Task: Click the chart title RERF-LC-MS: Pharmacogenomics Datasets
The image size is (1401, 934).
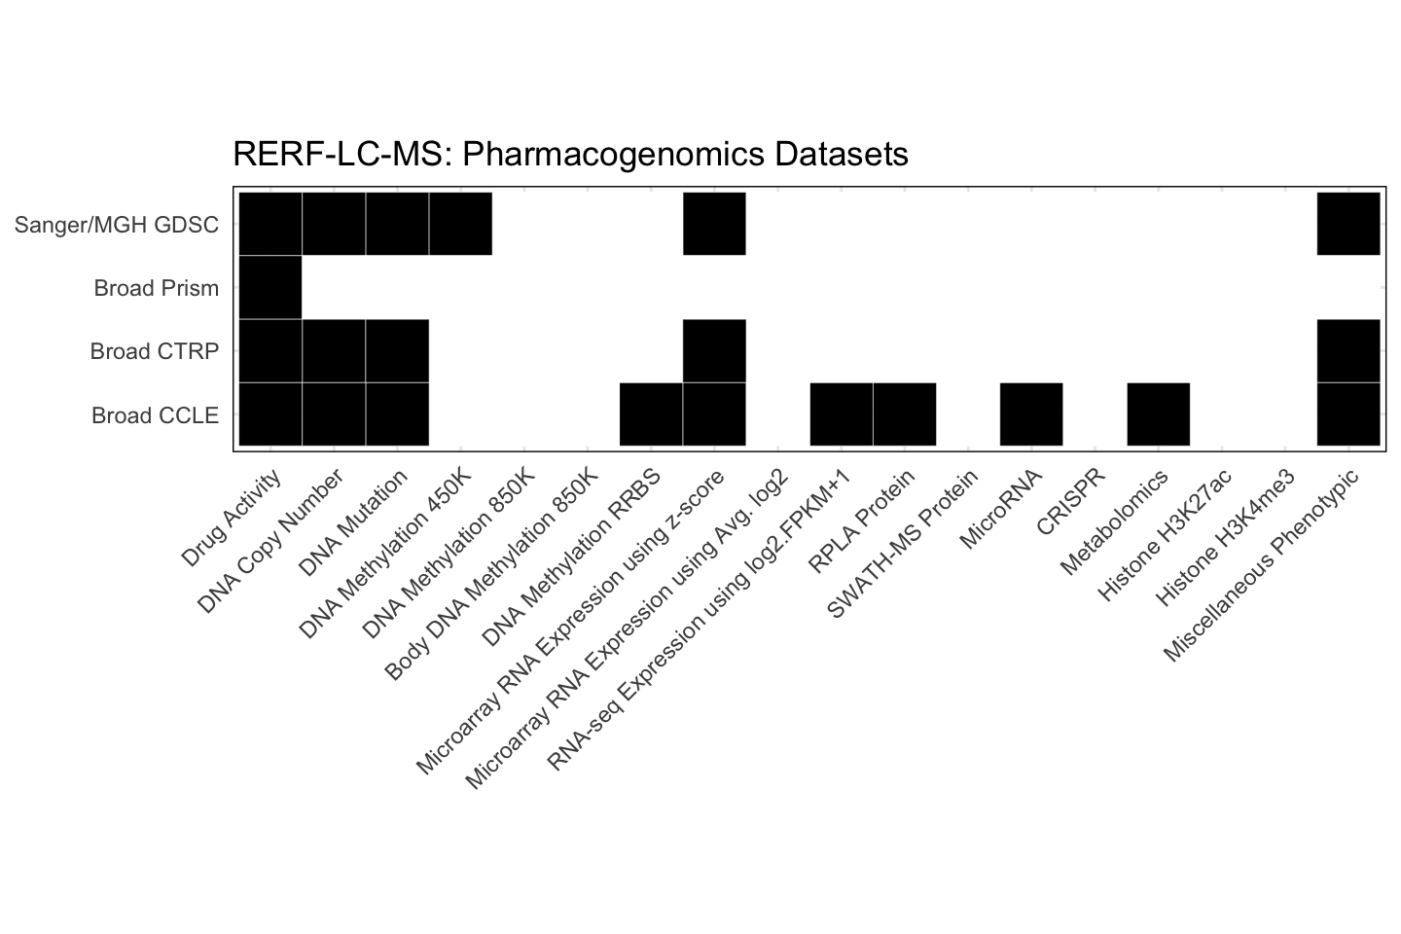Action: [x=570, y=154]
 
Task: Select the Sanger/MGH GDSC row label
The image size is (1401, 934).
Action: [x=117, y=225]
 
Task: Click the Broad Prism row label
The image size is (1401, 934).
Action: [x=156, y=288]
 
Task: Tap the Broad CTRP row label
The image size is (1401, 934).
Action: [x=154, y=351]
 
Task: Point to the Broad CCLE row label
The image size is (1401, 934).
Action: [x=155, y=415]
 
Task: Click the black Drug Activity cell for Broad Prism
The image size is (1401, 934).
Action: [x=270, y=288]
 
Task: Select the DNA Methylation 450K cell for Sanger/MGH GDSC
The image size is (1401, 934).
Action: [x=460, y=224]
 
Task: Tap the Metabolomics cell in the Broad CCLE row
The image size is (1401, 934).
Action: [x=1158, y=414]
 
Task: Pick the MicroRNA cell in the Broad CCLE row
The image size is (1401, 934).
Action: [x=1031, y=414]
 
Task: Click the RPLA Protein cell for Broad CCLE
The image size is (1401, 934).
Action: [x=905, y=414]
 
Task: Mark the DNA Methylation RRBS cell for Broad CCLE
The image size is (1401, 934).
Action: [x=651, y=414]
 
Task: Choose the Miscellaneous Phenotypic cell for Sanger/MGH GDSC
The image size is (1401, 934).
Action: [x=1348, y=224]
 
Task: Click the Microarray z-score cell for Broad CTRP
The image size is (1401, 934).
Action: [x=714, y=351]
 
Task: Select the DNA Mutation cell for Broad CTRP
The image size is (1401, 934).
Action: [x=397, y=351]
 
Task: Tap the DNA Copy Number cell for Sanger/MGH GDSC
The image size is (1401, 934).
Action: [x=334, y=224]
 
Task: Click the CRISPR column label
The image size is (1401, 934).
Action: [x=1070, y=502]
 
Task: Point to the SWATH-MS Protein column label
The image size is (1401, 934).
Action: [x=901, y=545]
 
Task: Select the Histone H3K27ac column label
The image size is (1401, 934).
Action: [x=1164, y=535]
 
